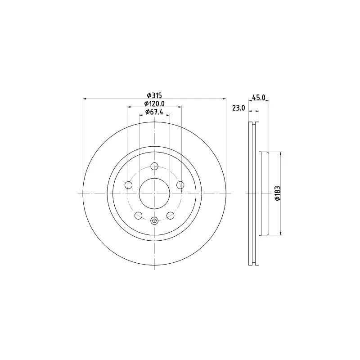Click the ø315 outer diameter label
pos(154,95)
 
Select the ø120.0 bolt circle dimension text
pos(154,104)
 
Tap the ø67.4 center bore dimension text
pos(154,112)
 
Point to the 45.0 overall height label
pos(259,98)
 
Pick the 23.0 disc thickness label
pos(238,108)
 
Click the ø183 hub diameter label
pos(278,193)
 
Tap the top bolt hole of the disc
pos(154,166)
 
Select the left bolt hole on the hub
pos(128,185)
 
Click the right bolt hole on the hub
pos(181,185)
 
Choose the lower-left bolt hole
pos(138,216)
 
